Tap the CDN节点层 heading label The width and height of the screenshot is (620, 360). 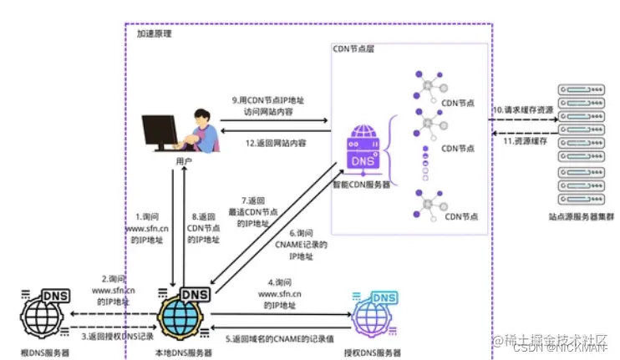[353, 50]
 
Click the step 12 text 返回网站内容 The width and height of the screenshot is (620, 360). [275, 143]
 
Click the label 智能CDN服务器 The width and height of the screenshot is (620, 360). [361, 185]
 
